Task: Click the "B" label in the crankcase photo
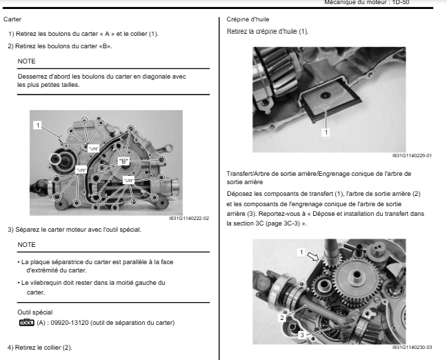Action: (124, 160)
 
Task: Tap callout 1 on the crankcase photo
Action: (39, 125)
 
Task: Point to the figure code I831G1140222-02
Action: (188, 219)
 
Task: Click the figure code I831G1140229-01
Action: (411, 155)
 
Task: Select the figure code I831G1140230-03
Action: (411, 348)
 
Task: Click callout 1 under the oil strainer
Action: (326, 132)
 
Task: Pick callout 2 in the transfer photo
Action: (281, 318)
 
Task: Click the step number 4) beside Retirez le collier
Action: (10, 347)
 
